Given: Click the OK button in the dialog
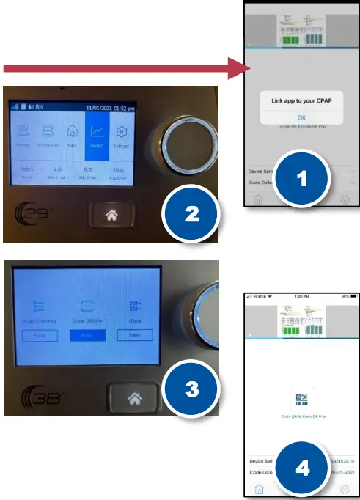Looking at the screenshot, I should [x=302, y=117].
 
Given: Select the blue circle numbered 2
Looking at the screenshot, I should [x=191, y=213].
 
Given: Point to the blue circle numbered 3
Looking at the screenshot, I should [x=191, y=388].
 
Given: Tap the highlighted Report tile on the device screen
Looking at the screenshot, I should [x=97, y=137].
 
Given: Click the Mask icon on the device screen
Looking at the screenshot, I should [x=73, y=137].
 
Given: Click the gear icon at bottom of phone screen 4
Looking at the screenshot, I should [x=345, y=490].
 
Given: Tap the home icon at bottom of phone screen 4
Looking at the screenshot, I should [x=259, y=490].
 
